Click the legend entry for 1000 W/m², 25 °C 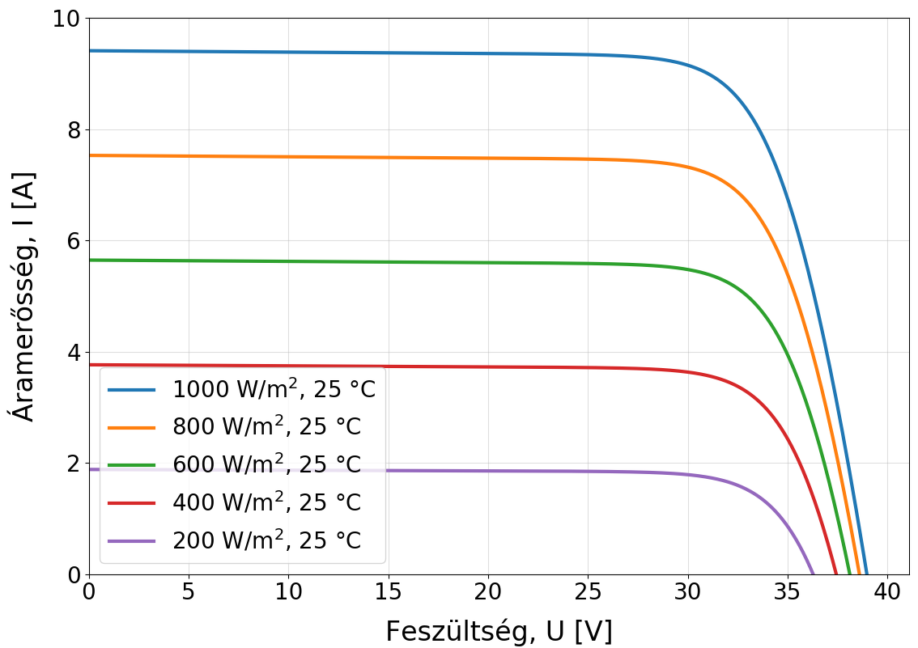(274, 389)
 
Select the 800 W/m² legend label (266, 427)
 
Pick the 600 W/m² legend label (266, 464)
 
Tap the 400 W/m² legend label (266, 502)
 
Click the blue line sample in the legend (131, 390)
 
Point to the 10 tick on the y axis (68, 19)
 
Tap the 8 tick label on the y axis (73, 130)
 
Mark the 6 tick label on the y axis (73, 241)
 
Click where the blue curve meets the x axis (866, 574)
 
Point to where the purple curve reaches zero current (813, 574)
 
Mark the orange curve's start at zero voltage (90, 155)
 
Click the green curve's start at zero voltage (90, 260)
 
